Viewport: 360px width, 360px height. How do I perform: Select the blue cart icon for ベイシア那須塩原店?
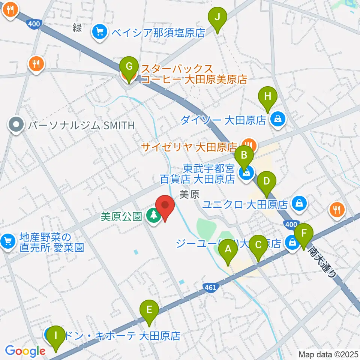(x=100, y=32)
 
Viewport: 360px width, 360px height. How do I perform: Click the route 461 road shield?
(x=210, y=288)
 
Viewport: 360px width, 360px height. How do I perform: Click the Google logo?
(x=25, y=351)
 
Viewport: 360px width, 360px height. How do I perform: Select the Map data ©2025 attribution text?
(x=328, y=354)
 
